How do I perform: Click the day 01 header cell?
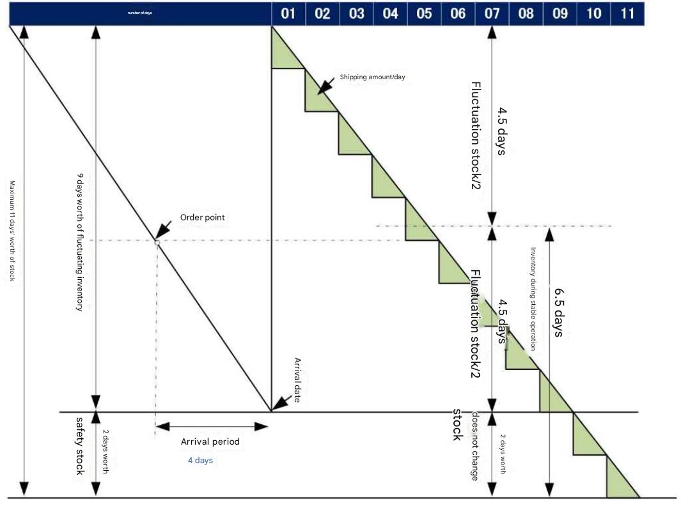[288, 13]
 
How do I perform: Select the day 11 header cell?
[627, 13]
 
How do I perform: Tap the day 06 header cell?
[458, 13]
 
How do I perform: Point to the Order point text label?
[203, 217]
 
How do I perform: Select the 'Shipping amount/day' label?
[372, 77]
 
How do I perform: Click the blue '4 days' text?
[200, 460]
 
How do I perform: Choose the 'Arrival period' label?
[210, 441]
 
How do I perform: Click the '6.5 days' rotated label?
[558, 314]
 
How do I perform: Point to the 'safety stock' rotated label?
[81, 445]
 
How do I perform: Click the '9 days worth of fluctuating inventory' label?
[80, 241]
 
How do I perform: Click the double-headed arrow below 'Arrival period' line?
[212, 427]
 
